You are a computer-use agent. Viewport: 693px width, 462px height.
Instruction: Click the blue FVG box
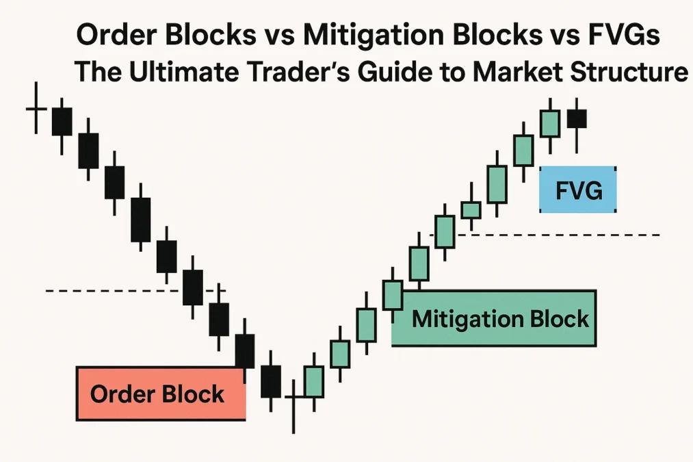(x=578, y=190)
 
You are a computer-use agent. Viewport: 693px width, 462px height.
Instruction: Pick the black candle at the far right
(x=577, y=118)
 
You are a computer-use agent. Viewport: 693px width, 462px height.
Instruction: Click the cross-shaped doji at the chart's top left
(x=36, y=109)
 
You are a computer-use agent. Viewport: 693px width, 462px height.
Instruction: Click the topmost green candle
(x=549, y=124)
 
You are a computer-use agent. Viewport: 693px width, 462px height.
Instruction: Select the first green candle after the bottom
(x=314, y=381)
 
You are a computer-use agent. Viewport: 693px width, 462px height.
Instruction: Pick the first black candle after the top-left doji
(x=62, y=121)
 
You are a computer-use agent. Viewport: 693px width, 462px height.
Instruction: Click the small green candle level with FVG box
(x=471, y=209)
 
